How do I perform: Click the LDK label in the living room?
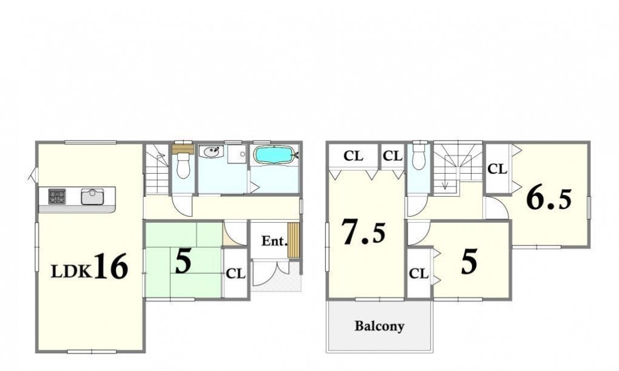click(x=72, y=271)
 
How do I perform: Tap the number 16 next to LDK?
click(x=111, y=267)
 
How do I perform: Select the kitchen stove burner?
click(x=57, y=196)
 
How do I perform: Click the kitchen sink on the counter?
click(x=92, y=196)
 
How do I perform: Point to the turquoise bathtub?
click(x=274, y=154)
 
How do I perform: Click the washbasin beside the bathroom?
click(x=212, y=151)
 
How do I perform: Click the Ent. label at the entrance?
click(x=274, y=241)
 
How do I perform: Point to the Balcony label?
click(x=379, y=326)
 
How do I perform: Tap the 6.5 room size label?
click(x=549, y=200)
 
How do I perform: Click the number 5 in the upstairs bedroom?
click(x=469, y=261)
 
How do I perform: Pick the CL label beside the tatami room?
click(x=235, y=273)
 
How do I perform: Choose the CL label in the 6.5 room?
click(x=497, y=169)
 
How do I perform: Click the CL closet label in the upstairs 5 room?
click(x=419, y=273)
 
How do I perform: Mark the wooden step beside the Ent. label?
click(x=293, y=240)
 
